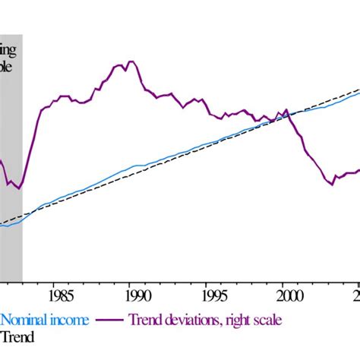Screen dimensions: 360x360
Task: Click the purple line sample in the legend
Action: pos(110,320)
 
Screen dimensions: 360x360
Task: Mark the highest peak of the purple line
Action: pos(131,62)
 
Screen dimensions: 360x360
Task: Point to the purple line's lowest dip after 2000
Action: pos(332,184)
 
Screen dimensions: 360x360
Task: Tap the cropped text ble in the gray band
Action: pos(8,65)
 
